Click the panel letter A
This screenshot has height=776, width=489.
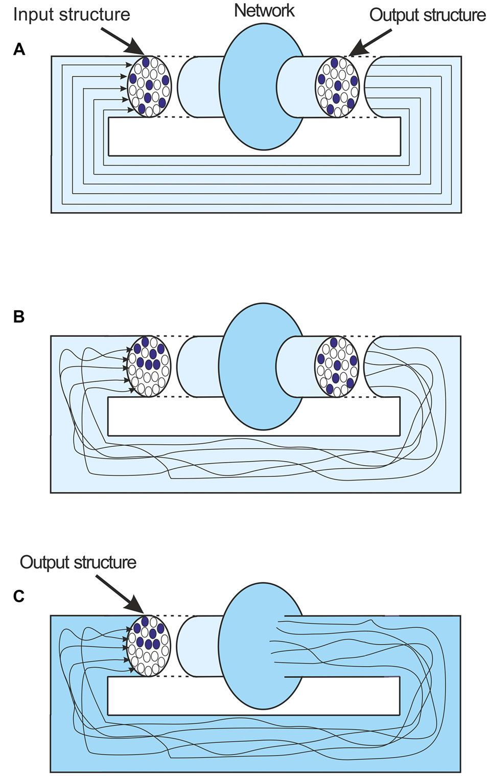click(x=19, y=50)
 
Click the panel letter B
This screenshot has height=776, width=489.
click(x=19, y=317)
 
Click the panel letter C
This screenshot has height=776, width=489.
click(x=19, y=596)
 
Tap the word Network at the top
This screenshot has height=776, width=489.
click(x=264, y=11)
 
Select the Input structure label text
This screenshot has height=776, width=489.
click(x=72, y=15)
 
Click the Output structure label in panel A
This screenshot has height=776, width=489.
click(x=427, y=15)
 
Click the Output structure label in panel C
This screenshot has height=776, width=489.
click(x=78, y=562)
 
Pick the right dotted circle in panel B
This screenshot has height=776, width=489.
click(x=337, y=367)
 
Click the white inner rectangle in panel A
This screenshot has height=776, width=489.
click(x=254, y=136)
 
